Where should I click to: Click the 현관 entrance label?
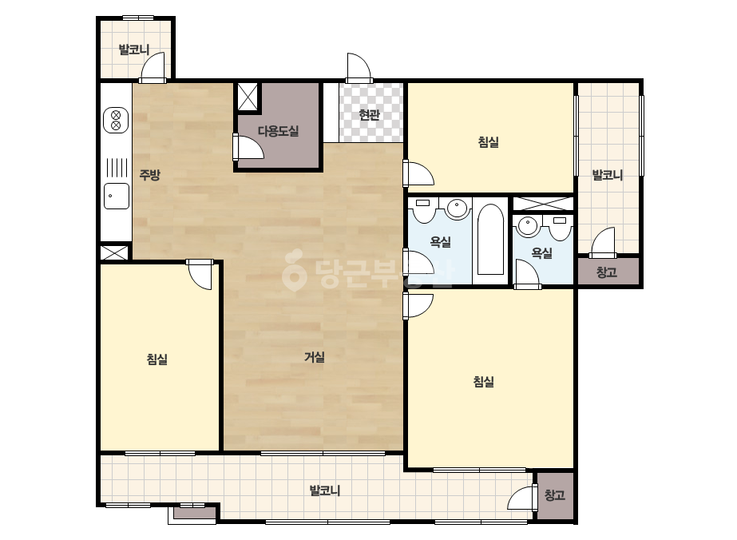coord(369,114)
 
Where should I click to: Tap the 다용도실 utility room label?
coord(278,131)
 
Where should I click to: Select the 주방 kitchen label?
coord(150,175)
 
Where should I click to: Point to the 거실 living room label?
coord(315,357)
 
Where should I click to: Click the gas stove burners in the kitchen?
coord(116,120)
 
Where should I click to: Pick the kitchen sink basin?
coord(116,196)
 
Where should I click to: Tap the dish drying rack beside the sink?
coord(116,168)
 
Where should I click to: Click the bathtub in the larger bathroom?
coord(490,240)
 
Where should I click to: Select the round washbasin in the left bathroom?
coord(457,207)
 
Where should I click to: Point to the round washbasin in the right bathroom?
coord(528,226)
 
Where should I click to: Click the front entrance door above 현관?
coord(359,68)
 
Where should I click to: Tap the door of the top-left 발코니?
coord(153,67)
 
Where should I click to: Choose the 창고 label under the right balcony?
coord(607,272)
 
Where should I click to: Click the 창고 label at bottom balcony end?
coord(555,494)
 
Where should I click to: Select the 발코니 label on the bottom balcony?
coord(325,490)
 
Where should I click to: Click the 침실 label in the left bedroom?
coord(157,359)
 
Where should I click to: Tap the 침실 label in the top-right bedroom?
coord(489,142)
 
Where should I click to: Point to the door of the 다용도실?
coord(248,147)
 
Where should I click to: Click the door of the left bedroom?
coord(200,275)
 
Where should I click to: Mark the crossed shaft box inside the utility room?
coord(248,97)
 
